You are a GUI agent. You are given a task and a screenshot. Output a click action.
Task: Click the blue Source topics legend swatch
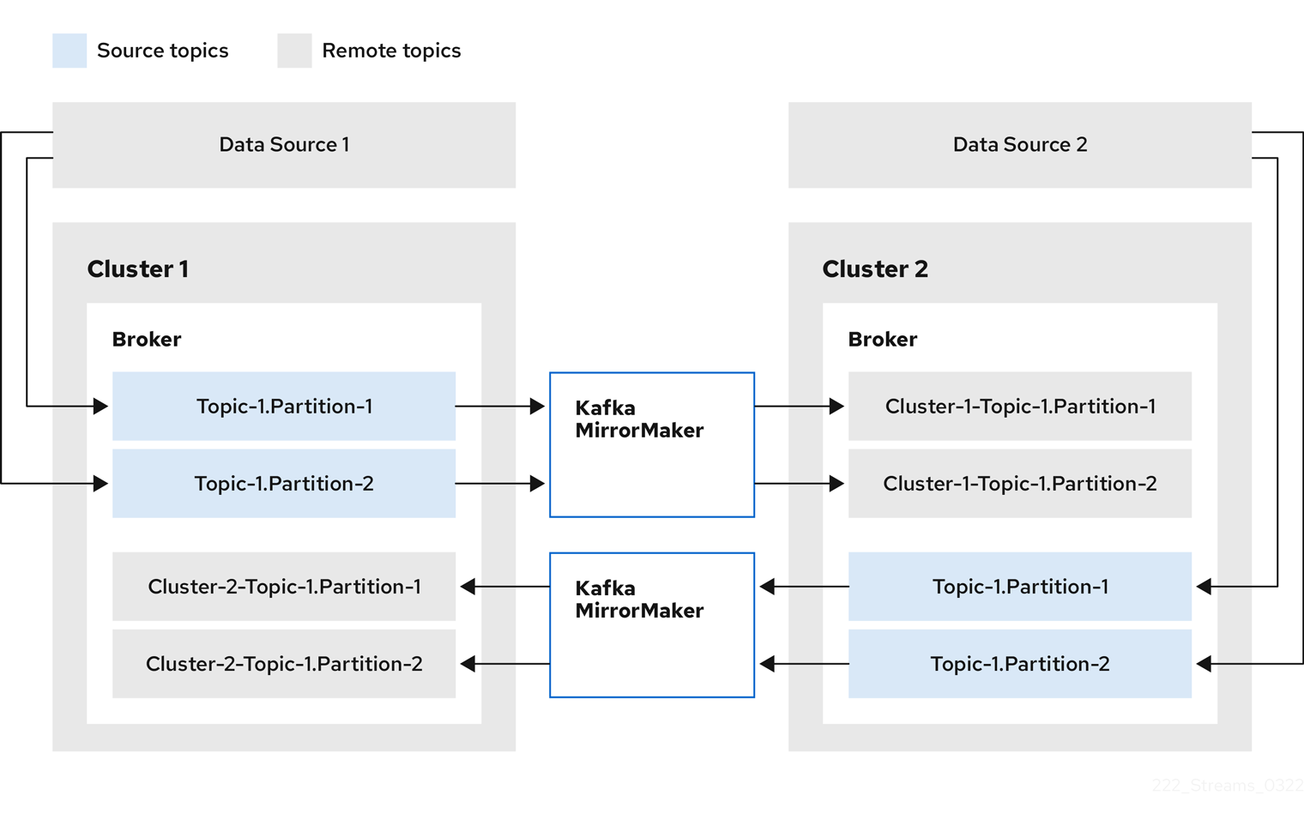point(69,51)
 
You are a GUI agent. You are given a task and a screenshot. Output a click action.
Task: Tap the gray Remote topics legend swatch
point(294,51)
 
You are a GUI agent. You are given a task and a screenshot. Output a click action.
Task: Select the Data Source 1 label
point(284,145)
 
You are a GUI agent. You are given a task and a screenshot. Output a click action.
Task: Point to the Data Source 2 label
point(1019,145)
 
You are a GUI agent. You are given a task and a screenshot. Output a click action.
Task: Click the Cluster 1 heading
point(138,269)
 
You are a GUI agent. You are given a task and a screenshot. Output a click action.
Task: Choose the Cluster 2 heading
point(875,269)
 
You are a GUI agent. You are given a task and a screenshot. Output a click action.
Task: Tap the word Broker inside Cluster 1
point(147,340)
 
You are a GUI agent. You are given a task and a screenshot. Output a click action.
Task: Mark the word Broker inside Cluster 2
point(883,340)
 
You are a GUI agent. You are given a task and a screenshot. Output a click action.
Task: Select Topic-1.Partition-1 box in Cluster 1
point(284,407)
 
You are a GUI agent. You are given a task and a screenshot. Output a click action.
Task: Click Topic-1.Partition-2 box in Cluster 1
point(284,484)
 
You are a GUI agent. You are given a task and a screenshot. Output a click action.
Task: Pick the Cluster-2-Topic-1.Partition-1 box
point(284,587)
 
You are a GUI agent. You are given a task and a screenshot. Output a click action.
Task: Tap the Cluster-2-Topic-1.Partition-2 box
point(284,664)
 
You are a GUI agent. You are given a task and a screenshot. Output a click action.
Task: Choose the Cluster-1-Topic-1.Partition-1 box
point(1019,407)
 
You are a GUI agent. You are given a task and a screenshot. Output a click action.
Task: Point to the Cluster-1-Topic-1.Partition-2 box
point(1019,484)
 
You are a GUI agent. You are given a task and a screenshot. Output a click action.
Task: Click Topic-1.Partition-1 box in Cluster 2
point(1019,587)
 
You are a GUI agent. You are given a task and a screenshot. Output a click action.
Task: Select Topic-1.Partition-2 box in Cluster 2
point(1019,664)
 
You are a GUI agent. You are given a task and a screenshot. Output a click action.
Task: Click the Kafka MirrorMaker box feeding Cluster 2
point(652,444)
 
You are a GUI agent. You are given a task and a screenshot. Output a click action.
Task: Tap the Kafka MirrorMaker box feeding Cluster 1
point(652,624)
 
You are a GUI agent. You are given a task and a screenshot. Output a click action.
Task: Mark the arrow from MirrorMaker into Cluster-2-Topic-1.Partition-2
point(505,664)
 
